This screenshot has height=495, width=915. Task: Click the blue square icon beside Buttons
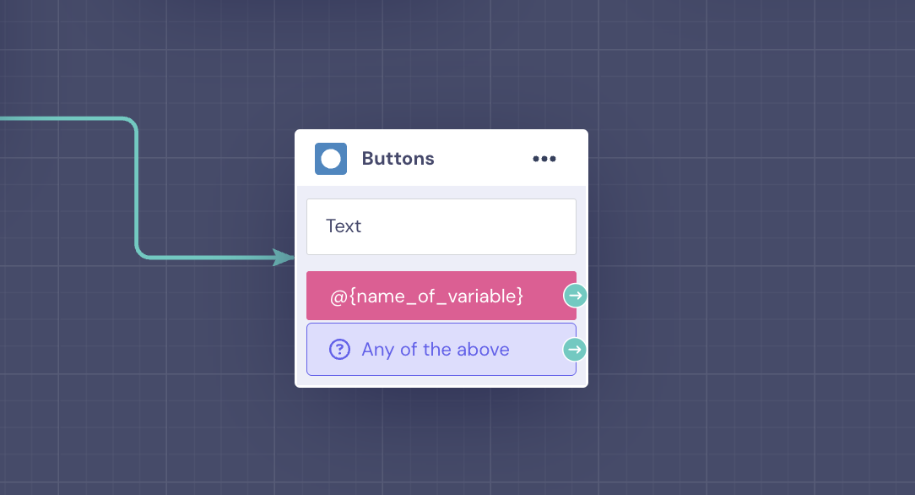pyautogui.click(x=331, y=159)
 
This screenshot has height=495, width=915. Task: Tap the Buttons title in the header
pyautogui.click(x=398, y=159)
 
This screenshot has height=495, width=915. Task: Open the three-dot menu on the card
pyautogui.click(x=544, y=159)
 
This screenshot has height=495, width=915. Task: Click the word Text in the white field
pyautogui.click(x=344, y=226)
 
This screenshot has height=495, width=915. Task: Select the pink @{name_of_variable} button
pyautogui.click(x=441, y=296)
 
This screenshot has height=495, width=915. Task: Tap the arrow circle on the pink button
pyautogui.click(x=576, y=296)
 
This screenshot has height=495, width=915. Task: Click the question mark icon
pyautogui.click(x=339, y=350)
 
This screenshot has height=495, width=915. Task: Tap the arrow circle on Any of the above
pyautogui.click(x=575, y=350)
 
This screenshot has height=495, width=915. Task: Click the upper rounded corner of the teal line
pyautogui.click(x=133, y=122)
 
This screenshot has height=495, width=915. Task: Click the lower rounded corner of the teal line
pyautogui.click(x=140, y=253)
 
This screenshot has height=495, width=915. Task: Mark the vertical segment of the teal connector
pyautogui.click(x=137, y=188)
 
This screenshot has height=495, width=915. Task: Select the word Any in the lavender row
pyautogui.click(x=377, y=351)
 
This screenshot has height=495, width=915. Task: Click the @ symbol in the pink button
pyautogui.click(x=338, y=297)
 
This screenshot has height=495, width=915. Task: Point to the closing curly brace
pyautogui.click(x=519, y=296)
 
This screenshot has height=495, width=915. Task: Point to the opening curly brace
pyautogui.click(x=353, y=296)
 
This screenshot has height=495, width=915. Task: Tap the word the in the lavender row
pyautogui.click(x=437, y=349)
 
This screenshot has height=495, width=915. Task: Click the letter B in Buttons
pyautogui.click(x=368, y=159)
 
